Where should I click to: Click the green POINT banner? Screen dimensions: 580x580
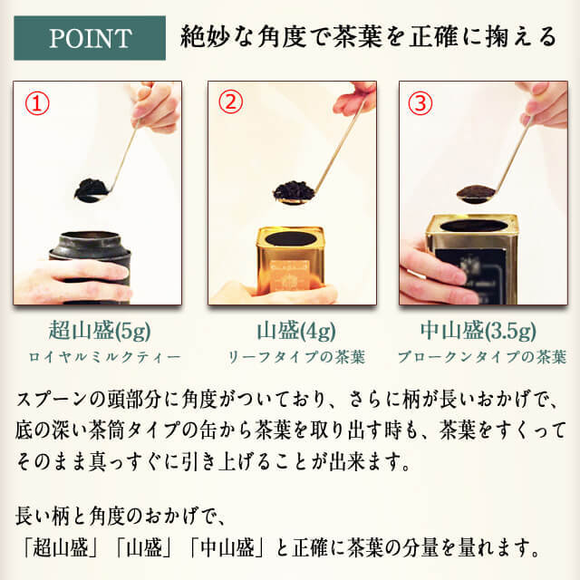(x=90, y=38)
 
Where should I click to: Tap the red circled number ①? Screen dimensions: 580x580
(x=37, y=103)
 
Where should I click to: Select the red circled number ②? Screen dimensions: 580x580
(x=230, y=101)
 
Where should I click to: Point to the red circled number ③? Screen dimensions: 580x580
(x=420, y=102)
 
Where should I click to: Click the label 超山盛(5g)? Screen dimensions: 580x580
(x=100, y=330)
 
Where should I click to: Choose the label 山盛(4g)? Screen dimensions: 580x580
(x=296, y=330)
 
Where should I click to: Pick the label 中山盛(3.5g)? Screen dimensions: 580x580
(x=478, y=330)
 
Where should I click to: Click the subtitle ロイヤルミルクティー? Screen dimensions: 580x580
(x=104, y=357)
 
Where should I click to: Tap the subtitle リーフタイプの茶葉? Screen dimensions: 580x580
(x=296, y=357)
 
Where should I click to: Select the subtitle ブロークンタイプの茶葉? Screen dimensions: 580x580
(x=482, y=357)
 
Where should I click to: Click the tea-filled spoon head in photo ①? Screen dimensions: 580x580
(x=92, y=190)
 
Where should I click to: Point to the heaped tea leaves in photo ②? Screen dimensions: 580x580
(x=294, y=189)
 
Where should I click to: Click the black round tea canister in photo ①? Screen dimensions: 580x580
(x=91, y=267)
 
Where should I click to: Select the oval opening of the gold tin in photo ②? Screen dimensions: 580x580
(x=291, y=238)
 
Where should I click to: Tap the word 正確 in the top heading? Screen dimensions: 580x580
(x=433, y=37)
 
